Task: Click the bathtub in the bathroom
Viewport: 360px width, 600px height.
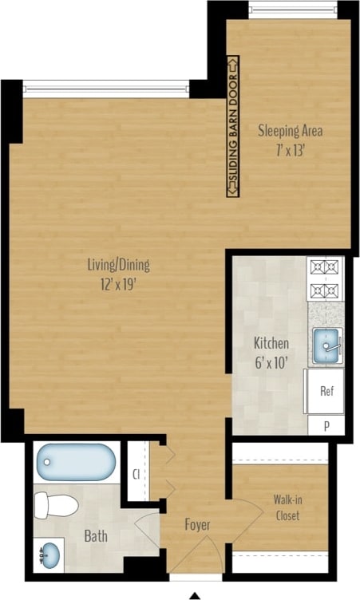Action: pyautogui.click(x=77, y=462)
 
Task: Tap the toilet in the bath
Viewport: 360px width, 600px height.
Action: pyautogui.click(x=57, y=505)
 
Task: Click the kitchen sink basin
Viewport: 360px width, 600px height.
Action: pyautogui.click(x=325, y=345)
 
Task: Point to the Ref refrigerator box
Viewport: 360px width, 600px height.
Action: pyautogui.click(x=326, y=391)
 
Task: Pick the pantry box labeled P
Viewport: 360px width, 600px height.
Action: pyautogui.click(x=326, y=426)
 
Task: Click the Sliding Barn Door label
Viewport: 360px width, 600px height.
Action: pyautogui.click(x=232, y=127)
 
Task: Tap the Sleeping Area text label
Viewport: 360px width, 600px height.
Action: pyautogui.click(x=291, y=131)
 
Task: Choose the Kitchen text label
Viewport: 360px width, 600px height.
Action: pyautogui.click(x=271, y=343)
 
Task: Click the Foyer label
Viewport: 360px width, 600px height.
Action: pyautogui.click(x=197, y=524)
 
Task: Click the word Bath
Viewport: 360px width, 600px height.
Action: pyautogui.click(x=96, y=537)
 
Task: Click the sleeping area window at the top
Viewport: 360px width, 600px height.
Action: pyautogui.click(x=292, y=10)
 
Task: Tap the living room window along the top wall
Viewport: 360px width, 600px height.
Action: pyautogui.click(x=106, y=86)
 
